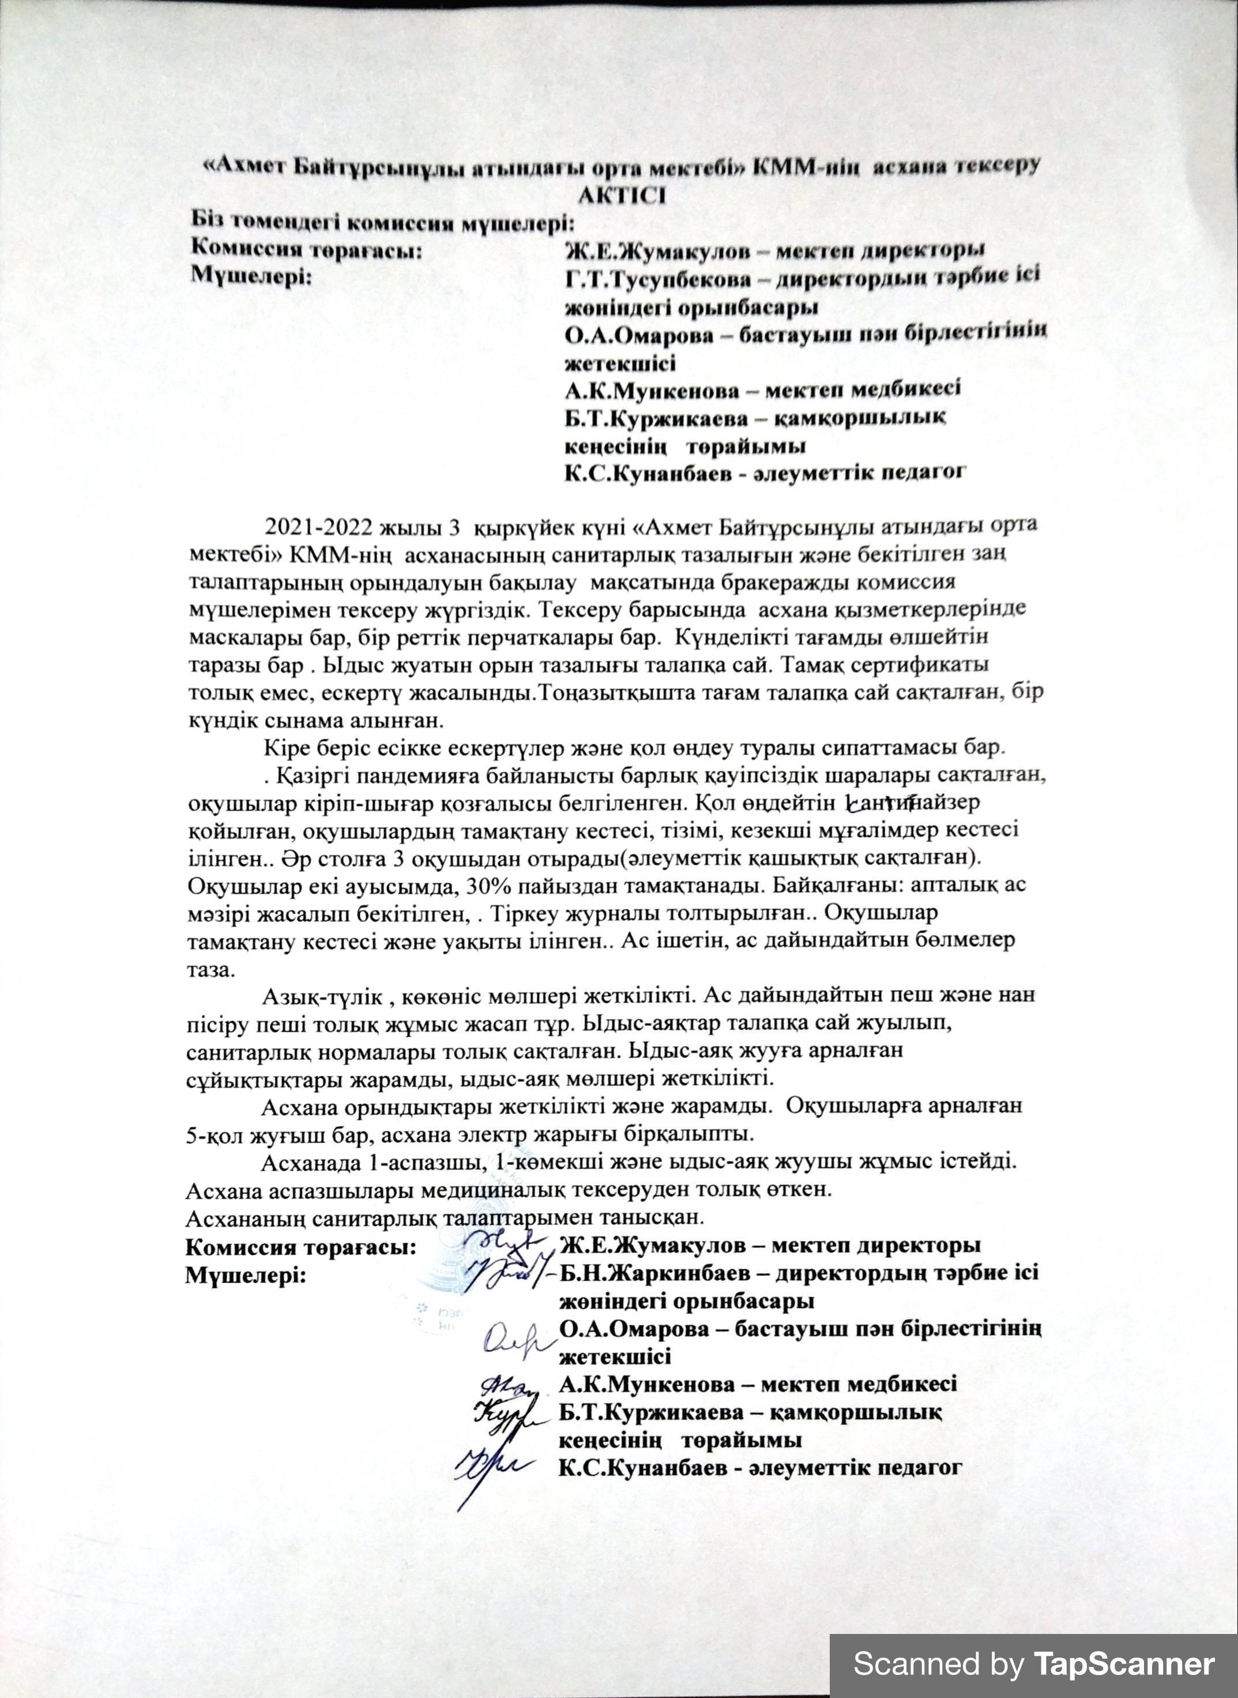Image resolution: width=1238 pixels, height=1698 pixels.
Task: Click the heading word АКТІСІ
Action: click(x=622, y=196)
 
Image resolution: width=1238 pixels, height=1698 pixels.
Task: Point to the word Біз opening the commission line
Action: click(x=208, y=223)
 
